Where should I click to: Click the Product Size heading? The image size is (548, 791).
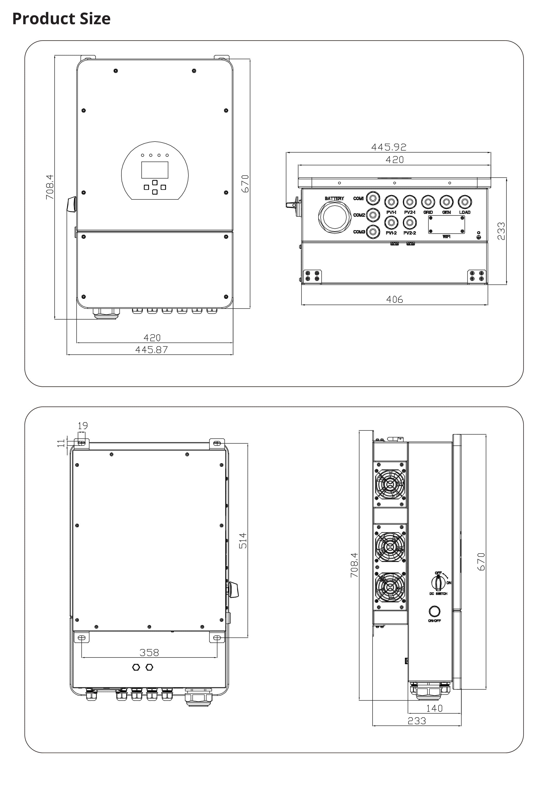pyautogui.click(x=61, y=19)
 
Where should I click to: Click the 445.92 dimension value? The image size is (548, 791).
pyautogui.click(x=389, y=147)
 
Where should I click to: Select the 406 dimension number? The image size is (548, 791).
pyautogui.click(x=394, y=299)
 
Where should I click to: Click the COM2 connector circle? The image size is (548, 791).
pyautogui.click(x=373, y=215)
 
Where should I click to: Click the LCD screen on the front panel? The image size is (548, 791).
pyautogui.click(x=155, y=170)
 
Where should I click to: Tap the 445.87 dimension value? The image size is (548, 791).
pyautogui.click(x=151, y=350)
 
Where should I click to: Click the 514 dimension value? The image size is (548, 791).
pyautogui.click(x=243, y=540)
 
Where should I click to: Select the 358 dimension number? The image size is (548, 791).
pyautogui.click(x=149, y=652)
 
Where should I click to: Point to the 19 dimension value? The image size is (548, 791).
pyautogui.click(x=83, y=426)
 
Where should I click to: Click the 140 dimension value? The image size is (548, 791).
pyautogui.click(x=434, y=708)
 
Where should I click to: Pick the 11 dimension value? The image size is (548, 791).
pyautogui.click(x=61, y=443)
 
